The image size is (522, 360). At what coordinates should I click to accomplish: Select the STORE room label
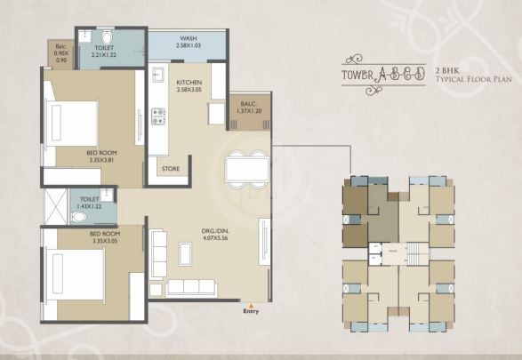pos(170,167)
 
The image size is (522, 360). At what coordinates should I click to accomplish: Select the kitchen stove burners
pos(160,116)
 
